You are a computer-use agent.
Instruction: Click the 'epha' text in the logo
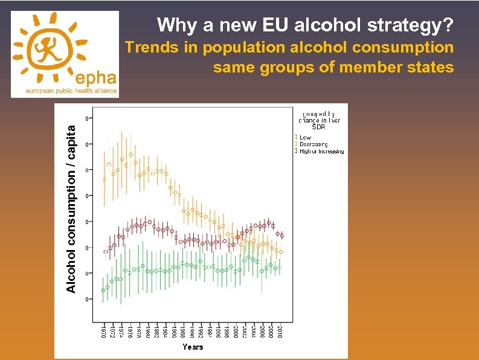pyautogui.click(x=93, y=77)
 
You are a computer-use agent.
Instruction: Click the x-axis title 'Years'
pyautogui.click(x=193, y=347)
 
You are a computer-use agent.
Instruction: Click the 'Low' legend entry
pyautogui.click(x=306, y=137)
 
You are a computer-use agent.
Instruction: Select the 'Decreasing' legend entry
pyautogui.click(x=313, y=144)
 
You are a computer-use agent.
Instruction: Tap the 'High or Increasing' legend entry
pyautogui.click(x=322, y=151)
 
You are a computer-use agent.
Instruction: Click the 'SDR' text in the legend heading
pyautogui.click(x=318, y=127)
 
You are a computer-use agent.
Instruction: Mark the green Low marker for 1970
pyautogui.click(x=103, y=291)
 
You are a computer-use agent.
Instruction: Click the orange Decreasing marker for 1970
pyautogui.click(x=104, y=179)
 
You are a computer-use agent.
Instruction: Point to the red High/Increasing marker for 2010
pyautogui.click(x=281, y=236)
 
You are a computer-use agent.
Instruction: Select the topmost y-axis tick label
pyautogui.click(x=88, y=118)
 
